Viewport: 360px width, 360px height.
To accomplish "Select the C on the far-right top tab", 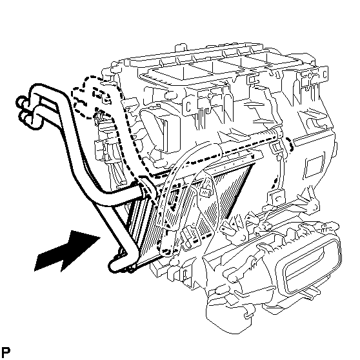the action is coord(325,74).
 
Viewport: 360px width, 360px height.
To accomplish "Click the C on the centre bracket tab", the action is coord(188,106).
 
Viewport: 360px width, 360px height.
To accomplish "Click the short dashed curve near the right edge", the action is coord(291,144).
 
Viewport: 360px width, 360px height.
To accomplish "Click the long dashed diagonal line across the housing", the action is coord(216,156).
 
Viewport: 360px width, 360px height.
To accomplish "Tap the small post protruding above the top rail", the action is coord(181,47).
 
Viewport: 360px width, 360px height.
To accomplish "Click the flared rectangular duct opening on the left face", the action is coord(161,128).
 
